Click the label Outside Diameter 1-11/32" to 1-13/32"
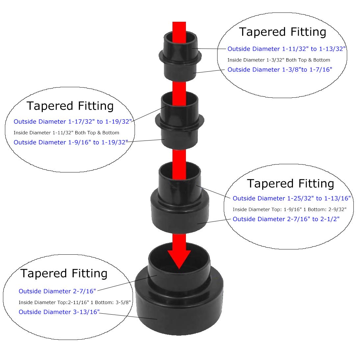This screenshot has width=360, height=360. click(287, 49)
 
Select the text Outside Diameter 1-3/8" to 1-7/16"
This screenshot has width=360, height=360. click(280, 69)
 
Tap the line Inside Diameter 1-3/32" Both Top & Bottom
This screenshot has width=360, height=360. click(279, 60)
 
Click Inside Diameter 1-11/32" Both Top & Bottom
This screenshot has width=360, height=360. click(66, 133)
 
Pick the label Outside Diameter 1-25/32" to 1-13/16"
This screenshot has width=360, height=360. click(292, 198)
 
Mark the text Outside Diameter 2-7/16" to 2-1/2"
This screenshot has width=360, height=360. click(286, 219)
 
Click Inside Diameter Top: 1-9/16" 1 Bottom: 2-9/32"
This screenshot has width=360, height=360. click(289, 209)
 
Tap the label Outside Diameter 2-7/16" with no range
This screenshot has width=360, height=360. click(57, 291)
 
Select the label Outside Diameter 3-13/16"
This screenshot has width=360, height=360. click(59, 312)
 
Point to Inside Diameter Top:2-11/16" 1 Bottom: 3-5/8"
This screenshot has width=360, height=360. click(75, 302)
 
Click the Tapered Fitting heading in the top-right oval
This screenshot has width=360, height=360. click(282, 32)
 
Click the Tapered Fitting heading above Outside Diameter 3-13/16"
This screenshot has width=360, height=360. click(64, 273)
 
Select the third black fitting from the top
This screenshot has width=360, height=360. click(180, 211)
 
